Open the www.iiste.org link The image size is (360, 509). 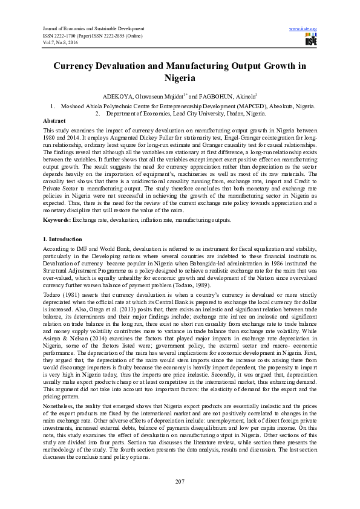pos(304,29)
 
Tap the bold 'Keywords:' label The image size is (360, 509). pos(57,220)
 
